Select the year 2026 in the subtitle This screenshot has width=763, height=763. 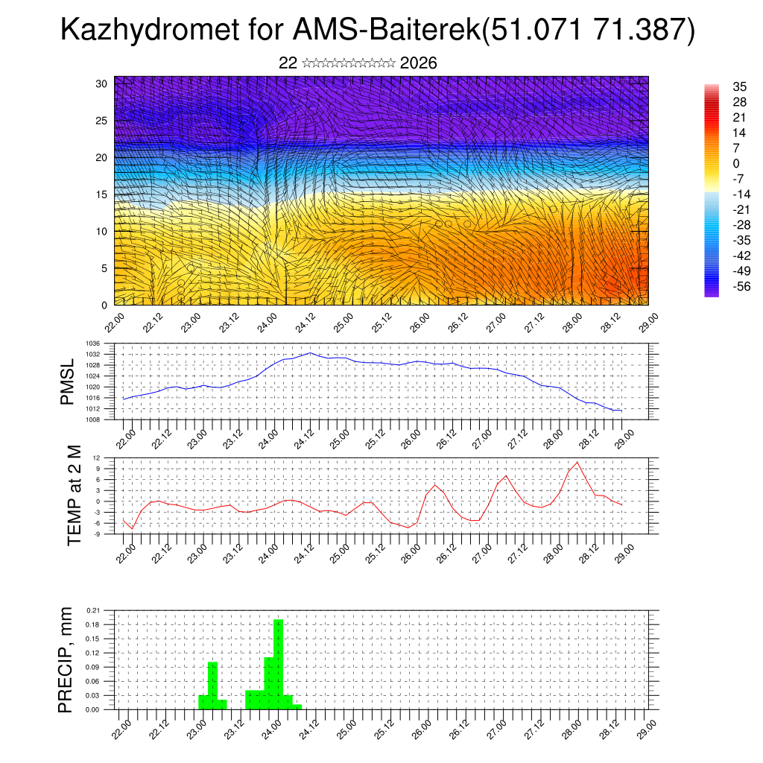click(x=418, y=63)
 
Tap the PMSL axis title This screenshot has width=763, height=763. click(x=68, y=382)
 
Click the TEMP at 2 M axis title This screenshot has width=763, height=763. click(x=74, y=496)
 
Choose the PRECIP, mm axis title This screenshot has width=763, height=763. click(x=66, y=659)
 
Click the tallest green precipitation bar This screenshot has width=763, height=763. click(x=278, y=663)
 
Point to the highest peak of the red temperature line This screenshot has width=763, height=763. click(x=577, y=463)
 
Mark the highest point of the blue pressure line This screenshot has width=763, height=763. click(x=310, y=353)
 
